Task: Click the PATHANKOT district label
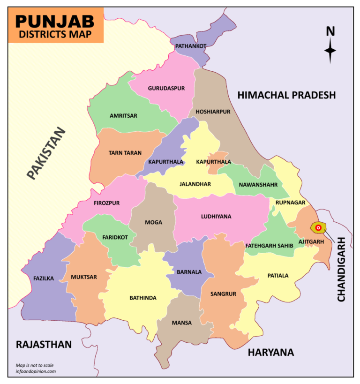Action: point(191,46)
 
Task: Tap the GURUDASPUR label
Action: point(166,88)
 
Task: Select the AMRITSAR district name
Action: point(123,115)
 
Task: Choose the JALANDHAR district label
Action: point(195,184)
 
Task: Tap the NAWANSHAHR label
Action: point(258,184)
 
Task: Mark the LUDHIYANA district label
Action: point(216,216)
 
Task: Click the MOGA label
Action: point(154,222)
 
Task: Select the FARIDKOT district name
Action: point(115,237)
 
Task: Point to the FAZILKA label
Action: point(44,278)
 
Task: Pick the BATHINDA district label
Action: point(143,298)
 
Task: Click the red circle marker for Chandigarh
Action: point(318,228)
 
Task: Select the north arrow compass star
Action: point(330,51)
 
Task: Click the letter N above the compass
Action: point(330,31)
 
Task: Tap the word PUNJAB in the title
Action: point(55,21)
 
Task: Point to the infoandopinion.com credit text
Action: point(36,371)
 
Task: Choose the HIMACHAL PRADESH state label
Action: point(286,95)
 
